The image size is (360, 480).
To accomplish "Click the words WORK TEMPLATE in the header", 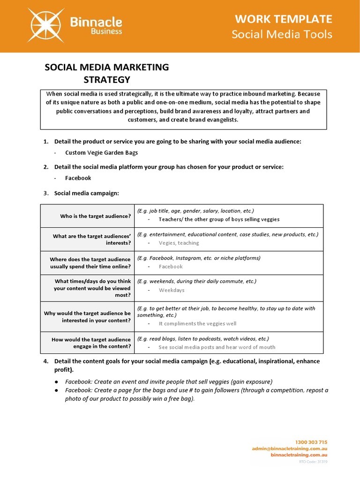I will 284,19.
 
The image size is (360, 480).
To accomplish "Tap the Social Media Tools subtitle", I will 282,34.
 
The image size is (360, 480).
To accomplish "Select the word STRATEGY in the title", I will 106,79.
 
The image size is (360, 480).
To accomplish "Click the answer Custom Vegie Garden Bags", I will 101,152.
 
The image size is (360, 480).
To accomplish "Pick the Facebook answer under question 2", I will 78,178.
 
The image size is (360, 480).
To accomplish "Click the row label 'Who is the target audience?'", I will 96,216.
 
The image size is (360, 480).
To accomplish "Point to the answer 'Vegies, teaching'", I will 179,243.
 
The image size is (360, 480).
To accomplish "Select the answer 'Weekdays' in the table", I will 172,290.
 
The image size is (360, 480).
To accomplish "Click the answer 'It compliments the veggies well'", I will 197,323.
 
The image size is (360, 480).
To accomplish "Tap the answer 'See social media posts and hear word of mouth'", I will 217,347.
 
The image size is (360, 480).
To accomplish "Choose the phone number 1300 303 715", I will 311,442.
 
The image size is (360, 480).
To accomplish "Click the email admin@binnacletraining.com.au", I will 289,449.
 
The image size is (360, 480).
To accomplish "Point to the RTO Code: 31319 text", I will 313,462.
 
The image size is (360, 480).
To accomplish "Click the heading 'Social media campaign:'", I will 87,193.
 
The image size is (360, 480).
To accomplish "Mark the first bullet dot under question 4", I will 56,382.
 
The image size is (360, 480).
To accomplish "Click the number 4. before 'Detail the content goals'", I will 46,361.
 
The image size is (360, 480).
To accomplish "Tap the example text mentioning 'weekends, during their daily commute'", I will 197,281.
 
